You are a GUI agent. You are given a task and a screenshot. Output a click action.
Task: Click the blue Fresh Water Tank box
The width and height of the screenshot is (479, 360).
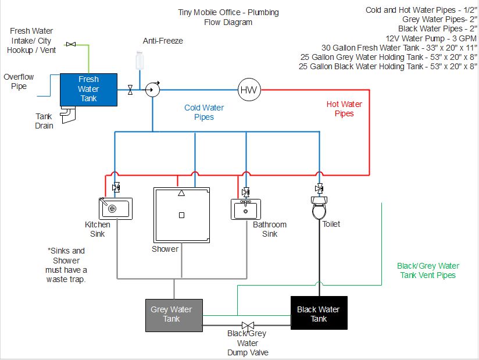tap(89, 89)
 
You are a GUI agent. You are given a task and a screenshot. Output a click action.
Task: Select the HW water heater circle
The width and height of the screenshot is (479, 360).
tap(249, 90)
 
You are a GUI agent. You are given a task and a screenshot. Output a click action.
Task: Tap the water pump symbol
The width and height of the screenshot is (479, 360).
tap(152, 90)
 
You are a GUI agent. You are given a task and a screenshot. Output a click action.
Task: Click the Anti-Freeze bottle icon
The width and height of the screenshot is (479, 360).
tap(140, 60)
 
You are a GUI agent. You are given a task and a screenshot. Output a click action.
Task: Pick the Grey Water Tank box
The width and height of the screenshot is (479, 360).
tap(174, 314)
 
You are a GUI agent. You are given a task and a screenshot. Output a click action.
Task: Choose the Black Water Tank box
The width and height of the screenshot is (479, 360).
tap(318, 313)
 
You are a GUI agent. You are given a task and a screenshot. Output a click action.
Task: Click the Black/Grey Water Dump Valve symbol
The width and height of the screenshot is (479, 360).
tap(248, 326)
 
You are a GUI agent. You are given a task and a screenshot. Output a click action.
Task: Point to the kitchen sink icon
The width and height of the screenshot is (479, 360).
tap(116, 208)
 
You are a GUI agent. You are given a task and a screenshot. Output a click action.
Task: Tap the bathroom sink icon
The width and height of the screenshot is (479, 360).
tap(246, 209)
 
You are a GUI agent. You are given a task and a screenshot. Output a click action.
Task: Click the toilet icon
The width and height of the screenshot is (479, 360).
tap(319, 208)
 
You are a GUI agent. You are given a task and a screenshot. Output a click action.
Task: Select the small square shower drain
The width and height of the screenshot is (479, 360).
tap(181, 215)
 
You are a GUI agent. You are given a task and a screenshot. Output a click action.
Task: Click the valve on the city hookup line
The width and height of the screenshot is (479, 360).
tap(71, 44)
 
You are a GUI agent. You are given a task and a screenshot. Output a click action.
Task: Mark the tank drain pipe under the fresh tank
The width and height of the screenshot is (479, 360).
tap(69, 116)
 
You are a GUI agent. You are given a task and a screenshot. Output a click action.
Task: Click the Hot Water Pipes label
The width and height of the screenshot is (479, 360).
tap(344, 109)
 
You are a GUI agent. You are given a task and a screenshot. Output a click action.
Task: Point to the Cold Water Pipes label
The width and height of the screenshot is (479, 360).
tap(204, 112)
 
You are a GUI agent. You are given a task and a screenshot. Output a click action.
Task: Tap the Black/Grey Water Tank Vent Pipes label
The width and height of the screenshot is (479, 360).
tap(429, 270)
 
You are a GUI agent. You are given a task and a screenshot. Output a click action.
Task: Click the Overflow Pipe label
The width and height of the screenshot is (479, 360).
tap(19, 81)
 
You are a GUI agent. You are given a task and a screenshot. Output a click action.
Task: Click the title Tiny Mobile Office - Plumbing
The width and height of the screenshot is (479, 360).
tap(228, 12)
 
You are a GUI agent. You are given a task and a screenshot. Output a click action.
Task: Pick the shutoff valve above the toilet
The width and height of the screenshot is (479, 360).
tap(319, 188)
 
